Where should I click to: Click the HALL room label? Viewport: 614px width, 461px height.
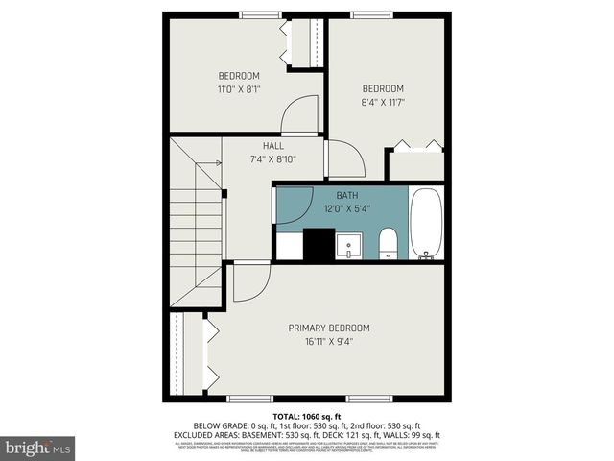click(273, 146)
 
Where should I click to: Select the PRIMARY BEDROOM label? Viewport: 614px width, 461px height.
click(329, 328)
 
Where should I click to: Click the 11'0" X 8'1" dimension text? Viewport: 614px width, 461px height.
click(239, 88)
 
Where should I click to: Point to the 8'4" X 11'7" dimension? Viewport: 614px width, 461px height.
click(382, 101)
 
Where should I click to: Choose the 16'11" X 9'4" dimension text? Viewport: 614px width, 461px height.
click(329, 340)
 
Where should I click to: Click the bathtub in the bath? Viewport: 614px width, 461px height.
click(426, 225)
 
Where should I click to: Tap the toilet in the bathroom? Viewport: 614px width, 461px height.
click(388, 244)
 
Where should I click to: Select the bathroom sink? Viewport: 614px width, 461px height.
click(349, 246)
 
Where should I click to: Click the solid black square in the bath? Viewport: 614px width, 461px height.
click(318, 244)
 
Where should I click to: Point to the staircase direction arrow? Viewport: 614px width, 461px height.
click(210, 162)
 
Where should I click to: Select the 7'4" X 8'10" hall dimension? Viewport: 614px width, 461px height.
click(273, 158)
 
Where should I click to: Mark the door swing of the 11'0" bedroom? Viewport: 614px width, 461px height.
click(299, 115)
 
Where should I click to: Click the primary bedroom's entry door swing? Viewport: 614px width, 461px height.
click(249, 280)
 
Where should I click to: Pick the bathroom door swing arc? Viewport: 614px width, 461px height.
click(293, 205)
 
